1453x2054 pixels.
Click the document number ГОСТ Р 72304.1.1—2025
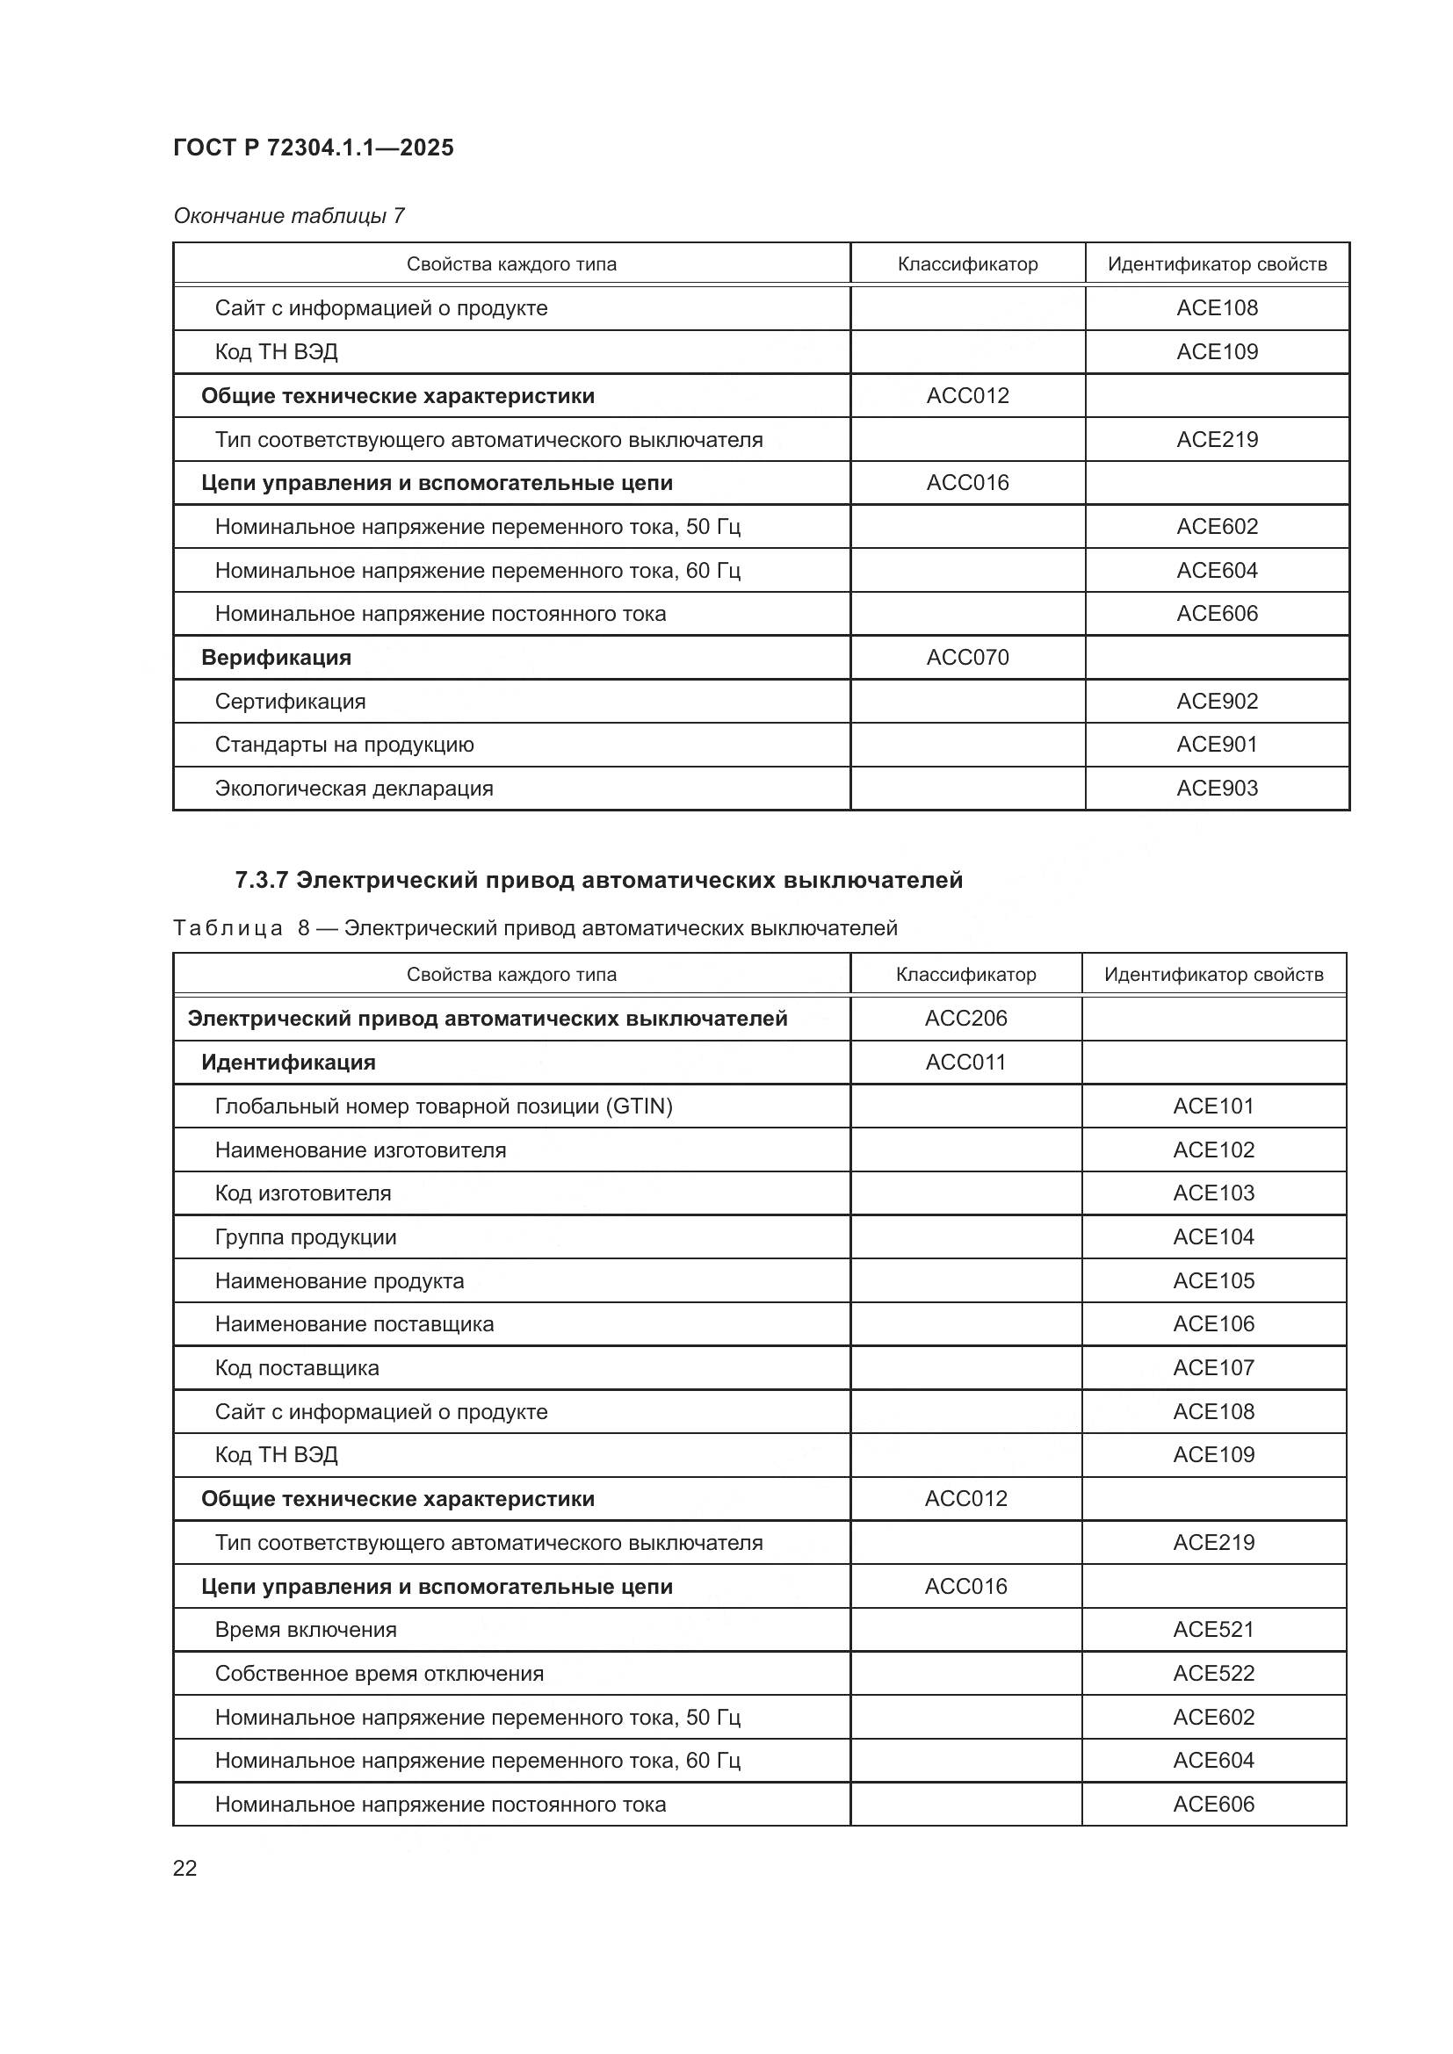(313, 148)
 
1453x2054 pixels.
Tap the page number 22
(185, 1868)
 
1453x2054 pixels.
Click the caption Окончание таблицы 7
(289, 216)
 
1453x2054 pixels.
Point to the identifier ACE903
(1216, 788)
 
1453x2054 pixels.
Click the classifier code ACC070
(967, 658)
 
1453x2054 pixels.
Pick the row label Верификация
(276, 658)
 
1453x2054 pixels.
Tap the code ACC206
(965, 1018)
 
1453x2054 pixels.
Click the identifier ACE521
(1213, 1629)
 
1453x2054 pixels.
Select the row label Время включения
(305, 1629)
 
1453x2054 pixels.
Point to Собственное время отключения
(379, 1673)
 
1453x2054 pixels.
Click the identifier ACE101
(1213, 1106)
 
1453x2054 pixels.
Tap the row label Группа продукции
(305, 1237)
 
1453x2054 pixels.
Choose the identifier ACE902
(1216, 702)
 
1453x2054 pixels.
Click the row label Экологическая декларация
(353, 788)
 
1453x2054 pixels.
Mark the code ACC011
(965, 1062)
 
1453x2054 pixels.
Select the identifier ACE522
(1213, 1673)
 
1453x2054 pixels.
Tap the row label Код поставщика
(296, 1368)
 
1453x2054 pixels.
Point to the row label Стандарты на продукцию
(343, 745)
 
